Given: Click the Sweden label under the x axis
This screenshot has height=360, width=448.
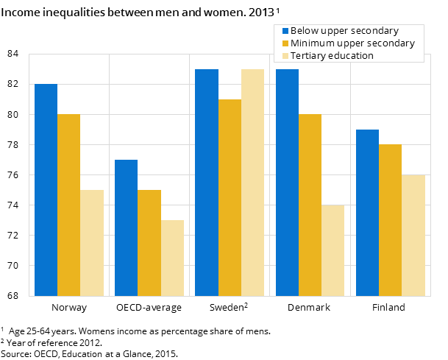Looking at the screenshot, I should [229, 308].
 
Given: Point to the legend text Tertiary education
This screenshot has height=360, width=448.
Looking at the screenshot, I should [332, 56].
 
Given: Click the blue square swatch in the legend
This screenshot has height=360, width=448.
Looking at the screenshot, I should [285, 31].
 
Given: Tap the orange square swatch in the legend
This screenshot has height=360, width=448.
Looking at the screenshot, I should [285, 43].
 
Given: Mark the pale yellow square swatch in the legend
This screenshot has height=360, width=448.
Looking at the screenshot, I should [285, 56].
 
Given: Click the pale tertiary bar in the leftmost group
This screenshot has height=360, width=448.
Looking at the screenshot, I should [92, 243].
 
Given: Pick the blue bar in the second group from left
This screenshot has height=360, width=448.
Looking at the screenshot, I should [126, 227].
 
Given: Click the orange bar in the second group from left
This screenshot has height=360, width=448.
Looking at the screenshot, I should [149, 243].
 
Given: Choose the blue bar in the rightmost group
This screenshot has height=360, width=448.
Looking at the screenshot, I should [367, 213].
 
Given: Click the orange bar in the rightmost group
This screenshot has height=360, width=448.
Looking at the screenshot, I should [390, 220].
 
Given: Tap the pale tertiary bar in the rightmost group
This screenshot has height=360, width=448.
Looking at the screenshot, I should [413, 235].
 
